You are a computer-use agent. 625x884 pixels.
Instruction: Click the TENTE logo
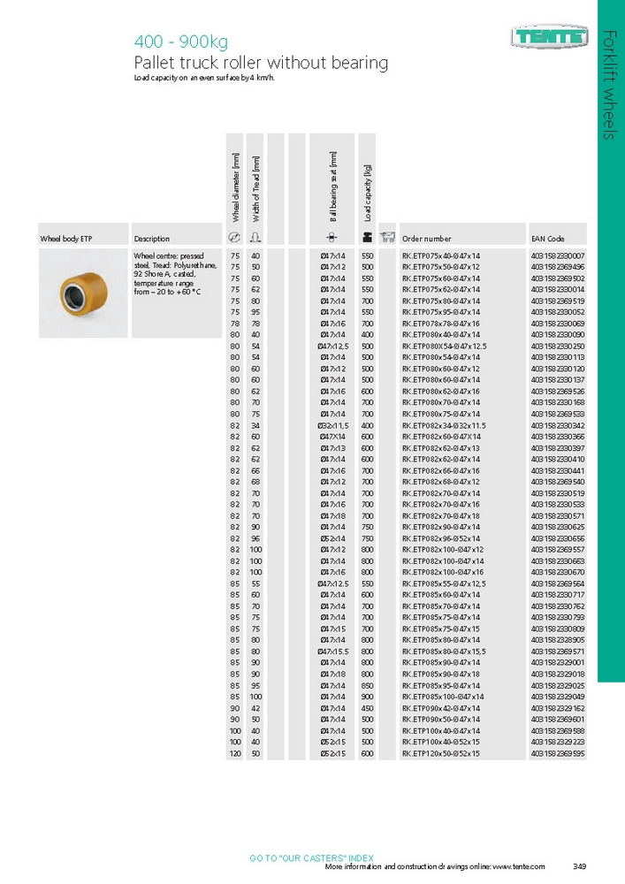pyautogui.click(x=548, y=37)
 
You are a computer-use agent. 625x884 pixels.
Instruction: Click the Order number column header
pyautogui.click(x=426, y=239)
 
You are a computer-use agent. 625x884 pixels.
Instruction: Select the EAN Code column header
pyautogui.click(x=547, y=239)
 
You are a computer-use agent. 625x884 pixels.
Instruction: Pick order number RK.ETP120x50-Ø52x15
pyautogui.click(x=441, y=753)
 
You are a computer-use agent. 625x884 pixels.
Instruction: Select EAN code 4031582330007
pyautogui.click(x=558, y=255)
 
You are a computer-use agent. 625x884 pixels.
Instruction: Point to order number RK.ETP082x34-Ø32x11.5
pyautogui.click(x=445, y=426)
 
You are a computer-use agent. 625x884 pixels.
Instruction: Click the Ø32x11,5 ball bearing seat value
pyautogui.click(x=333, y=426)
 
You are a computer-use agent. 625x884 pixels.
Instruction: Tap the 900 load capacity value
pyautogui.click(x=367, y=697)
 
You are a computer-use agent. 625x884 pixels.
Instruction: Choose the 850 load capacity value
pyautogui.click(x=367, y=685)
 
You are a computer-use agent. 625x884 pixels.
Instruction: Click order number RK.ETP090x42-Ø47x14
pyautogui.click(x=441, y=708)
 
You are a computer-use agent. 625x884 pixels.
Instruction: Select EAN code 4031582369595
pyautogui.click(x=558, y=753)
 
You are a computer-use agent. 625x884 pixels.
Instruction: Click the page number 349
pyautogui.click(x=580, y=866)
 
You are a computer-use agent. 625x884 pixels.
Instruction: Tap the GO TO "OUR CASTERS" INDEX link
pyautogui.click(x=311, y=857)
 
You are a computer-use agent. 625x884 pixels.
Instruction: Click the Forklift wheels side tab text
pyautogui.click(x=610, y=84)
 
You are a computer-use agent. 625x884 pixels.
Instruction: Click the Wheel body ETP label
pyautogui.click(x=66, y=239)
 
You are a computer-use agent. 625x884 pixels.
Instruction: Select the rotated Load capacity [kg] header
pyautogui.click(x=368, y=193)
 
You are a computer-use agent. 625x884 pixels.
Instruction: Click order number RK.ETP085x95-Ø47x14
pyautogui.click(x=441, y=685)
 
